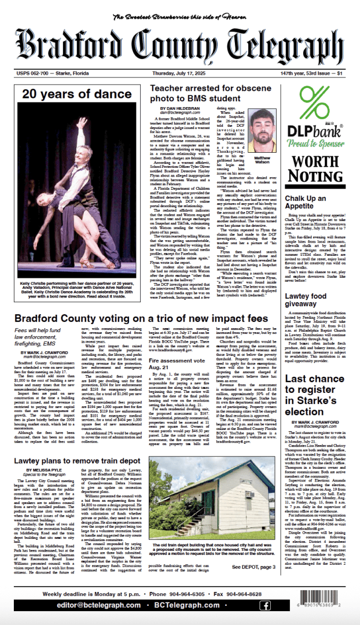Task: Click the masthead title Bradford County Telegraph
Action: (179, 45)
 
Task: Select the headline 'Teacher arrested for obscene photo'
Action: (211, 94)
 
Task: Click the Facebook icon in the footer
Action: (265, 605)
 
